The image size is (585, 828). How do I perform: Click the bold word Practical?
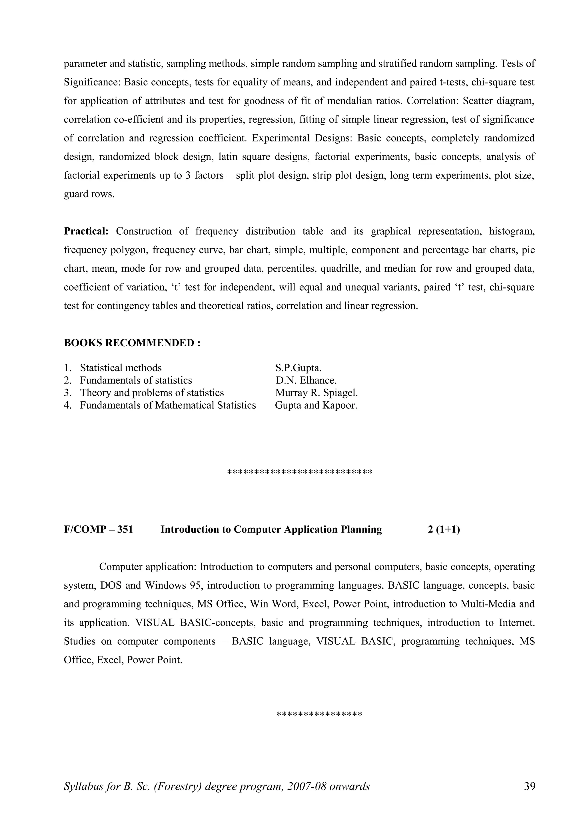pos(86,231)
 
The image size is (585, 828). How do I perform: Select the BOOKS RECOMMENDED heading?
pos(132,343)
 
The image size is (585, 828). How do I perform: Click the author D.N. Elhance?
pos(306,381)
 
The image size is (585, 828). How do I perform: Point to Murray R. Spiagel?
pos(316,393)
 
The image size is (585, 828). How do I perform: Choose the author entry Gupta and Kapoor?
pos(316,405)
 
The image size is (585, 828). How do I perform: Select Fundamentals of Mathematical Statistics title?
pos(168,405)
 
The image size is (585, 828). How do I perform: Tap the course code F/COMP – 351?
pos(98,529)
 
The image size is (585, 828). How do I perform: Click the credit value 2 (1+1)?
pos(444,529)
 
